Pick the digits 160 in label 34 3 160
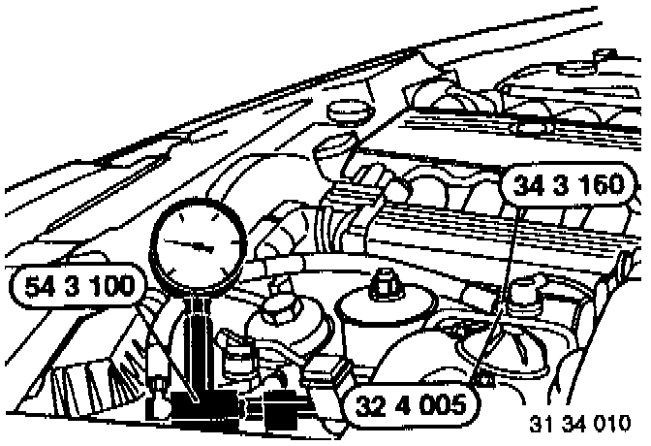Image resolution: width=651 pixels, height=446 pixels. tap(604, 186)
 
